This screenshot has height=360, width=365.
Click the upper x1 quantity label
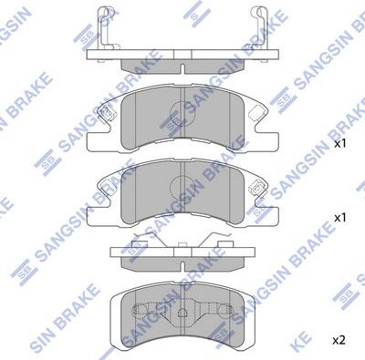click(339, 144)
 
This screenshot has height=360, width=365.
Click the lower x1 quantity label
click(339, 219)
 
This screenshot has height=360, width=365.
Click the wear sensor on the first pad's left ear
click(106, 113)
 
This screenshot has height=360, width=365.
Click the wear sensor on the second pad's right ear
click(260, 190)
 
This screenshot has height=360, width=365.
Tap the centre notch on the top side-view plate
click(182, 67)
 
